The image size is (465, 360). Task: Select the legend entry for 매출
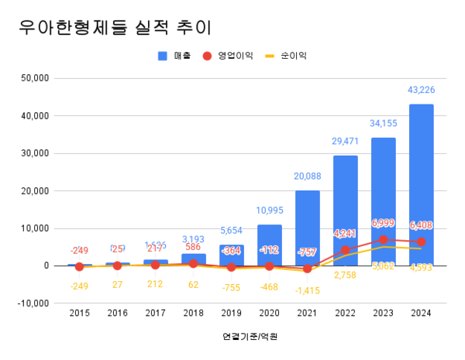[x=176, y=56]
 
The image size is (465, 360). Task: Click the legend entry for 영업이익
[x=229, y=56]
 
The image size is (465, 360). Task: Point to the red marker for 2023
[x=384, y=239]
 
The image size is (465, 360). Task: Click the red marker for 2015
[x=80, y=266]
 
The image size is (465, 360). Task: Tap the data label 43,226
[x=421, y=91]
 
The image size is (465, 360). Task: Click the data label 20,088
[x=308, y=177]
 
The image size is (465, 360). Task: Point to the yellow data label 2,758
[x=346, y=274]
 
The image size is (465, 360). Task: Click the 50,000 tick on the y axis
[x=35, y=78]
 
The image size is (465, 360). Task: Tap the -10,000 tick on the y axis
[x=33, y=303]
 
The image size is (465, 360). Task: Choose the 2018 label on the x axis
[x=194, y=314]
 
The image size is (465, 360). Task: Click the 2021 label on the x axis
[x=308, y=314]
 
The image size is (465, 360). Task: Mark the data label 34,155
[x=384, y=123]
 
